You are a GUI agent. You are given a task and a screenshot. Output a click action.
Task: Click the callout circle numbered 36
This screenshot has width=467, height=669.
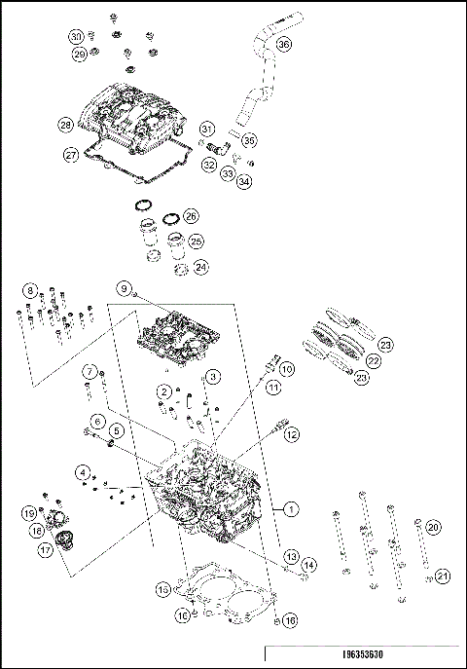pyautogui.click(x=283, y=44)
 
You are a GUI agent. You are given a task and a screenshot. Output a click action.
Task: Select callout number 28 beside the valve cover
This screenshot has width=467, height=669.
pyautogui.click(x=65, y=125)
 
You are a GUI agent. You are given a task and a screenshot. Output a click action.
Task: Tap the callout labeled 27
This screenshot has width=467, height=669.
pyautogui.click(x=71, y=155)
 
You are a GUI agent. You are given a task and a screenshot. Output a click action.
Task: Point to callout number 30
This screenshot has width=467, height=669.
pyautogui.click(x=77, y=36)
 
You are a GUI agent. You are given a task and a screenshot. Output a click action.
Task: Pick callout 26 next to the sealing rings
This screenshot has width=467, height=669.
pyautogui.click(x=191, y=215)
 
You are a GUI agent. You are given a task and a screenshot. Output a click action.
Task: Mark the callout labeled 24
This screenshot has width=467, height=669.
pyautogui.click(x=200, y=266)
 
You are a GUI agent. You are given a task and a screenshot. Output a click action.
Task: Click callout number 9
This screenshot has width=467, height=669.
pyautogui.click(x=125, y=288)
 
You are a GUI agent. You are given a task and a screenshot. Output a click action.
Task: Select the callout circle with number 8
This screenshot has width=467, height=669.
pyautogui.click(x=32, y=291)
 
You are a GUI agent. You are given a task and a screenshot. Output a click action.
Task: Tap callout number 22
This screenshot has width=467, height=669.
pyautogui.click(x=374, y=360)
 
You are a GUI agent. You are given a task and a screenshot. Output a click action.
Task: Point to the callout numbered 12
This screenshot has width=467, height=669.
pyautogui.click(x=291, y=435)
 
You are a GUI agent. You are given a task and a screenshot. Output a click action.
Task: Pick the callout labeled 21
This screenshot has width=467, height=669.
pyautogui.click(x=443, y=576)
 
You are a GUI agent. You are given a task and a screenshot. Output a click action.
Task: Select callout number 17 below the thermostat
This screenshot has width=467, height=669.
pyautogui.click(x=46, y=549)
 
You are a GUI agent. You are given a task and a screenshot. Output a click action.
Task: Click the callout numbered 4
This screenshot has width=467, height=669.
pyautogui.click(x=86, y=473)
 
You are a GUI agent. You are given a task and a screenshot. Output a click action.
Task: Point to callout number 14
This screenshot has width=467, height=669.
pyautogui.click(x=308, y=565)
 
